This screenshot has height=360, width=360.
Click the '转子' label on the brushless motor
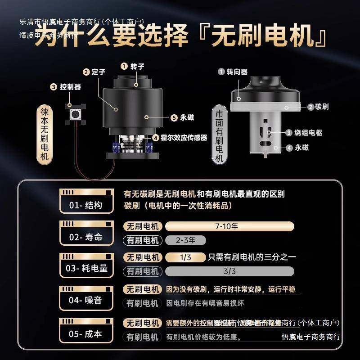pos(137,67)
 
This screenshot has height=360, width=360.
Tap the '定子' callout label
pos(98,72)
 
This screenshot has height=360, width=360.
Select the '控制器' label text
pos(70,87)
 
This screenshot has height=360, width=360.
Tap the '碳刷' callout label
pos(321,107)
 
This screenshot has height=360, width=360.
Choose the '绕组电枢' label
pos(309,133)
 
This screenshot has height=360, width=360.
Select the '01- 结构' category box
pos(85,201)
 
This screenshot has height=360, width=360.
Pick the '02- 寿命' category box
pos(85,233)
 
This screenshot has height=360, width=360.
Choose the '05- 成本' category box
pos(85,329)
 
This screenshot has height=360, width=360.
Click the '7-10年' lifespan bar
pos(230,226)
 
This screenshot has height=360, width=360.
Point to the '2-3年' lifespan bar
pos(185,240)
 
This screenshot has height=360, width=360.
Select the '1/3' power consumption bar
pos(185,257)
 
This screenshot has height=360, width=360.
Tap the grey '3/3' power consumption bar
pos(230,271)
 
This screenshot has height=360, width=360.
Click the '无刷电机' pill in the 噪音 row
pos(142,289)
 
